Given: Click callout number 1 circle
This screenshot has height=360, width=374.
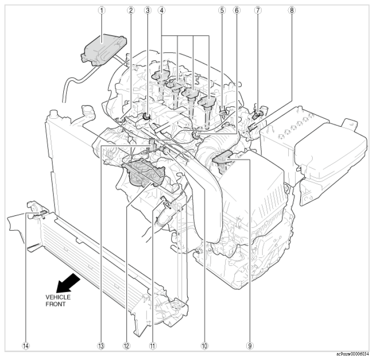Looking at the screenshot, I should [102, 9].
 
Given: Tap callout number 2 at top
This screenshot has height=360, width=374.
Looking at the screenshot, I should [131, 9].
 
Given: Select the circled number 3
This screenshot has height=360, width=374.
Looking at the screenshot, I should [147, 9].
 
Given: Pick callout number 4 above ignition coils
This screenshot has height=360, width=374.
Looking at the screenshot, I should [162, 9].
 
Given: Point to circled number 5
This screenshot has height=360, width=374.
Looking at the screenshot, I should [222, 9].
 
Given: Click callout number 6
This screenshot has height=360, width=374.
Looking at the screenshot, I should [236, 9].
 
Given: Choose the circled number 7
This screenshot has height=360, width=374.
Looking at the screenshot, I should [271, 9].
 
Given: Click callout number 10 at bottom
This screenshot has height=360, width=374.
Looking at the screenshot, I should [203, 345].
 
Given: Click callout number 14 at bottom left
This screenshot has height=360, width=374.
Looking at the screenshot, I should [26, 345].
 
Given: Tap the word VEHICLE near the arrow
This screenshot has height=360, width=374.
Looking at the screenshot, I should [58, 297].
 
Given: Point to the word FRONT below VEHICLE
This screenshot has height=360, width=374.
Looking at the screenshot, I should [55, 304].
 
